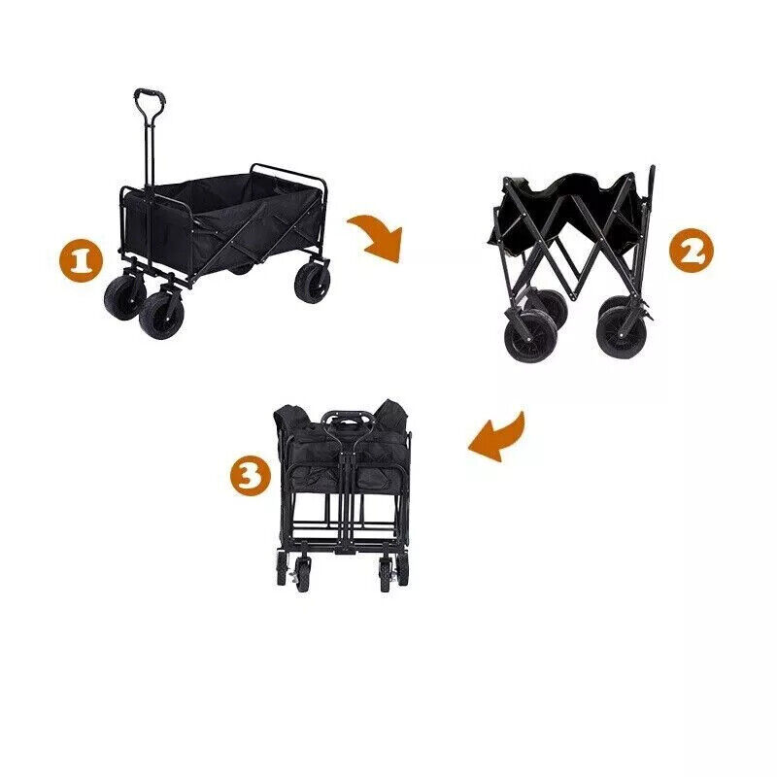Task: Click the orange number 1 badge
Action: tap(82, 261)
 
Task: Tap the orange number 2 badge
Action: tap(691, 253)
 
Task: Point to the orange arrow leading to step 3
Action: tap(499, 434)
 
